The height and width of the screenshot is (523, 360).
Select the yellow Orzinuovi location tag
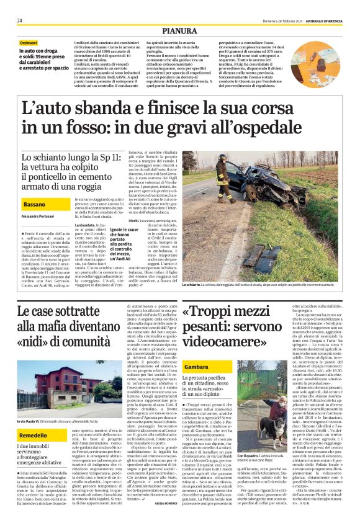tap(29, 42)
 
